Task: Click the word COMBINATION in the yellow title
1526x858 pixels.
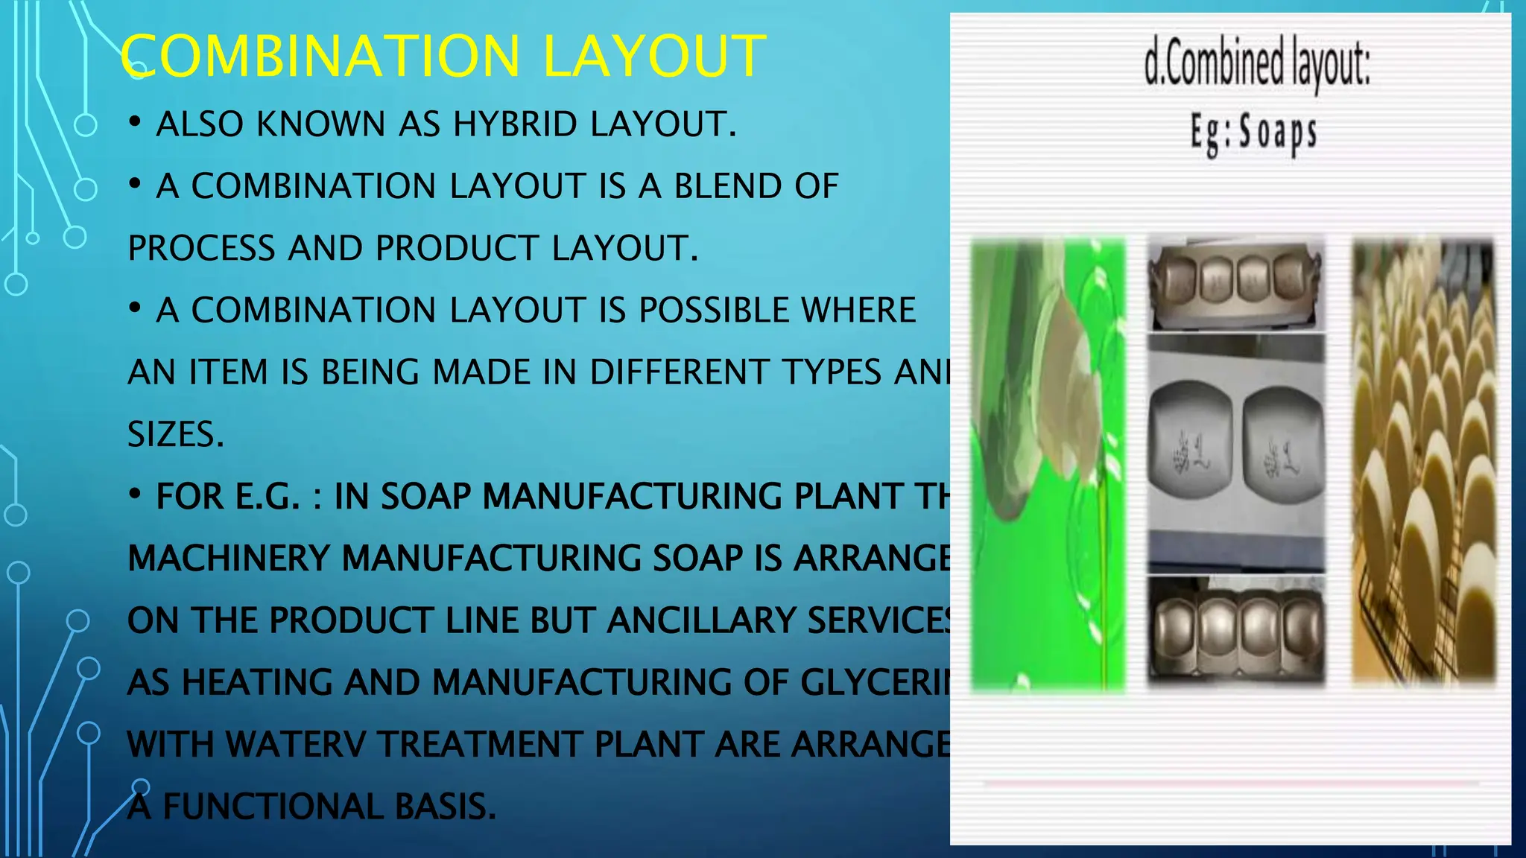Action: pyautogui.click(x=320, y=57)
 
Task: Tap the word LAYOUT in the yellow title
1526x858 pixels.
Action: pyautogui.click(x=653, y=57)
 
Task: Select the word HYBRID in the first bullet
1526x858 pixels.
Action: pyautogui.click(x=515, y=124)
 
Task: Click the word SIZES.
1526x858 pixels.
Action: pyautogui.click(x=176, y=434)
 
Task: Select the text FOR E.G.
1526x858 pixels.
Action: pyautogui.click(x=227, y=497)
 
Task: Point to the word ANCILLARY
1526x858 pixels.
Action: pyautogui.click(x=700, y=620)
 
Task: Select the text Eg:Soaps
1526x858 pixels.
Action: pyautogui.click(x=1253, y=133)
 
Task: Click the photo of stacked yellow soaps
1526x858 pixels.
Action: pyautogui.click(x=1423, y=462)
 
